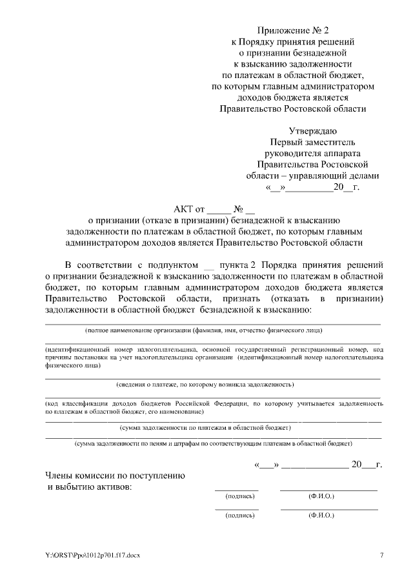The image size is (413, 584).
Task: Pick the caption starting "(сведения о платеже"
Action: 205,385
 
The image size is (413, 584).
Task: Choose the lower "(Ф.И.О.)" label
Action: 321,516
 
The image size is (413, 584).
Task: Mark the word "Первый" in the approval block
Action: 285,142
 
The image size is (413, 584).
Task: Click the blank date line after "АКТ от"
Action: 218,210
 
